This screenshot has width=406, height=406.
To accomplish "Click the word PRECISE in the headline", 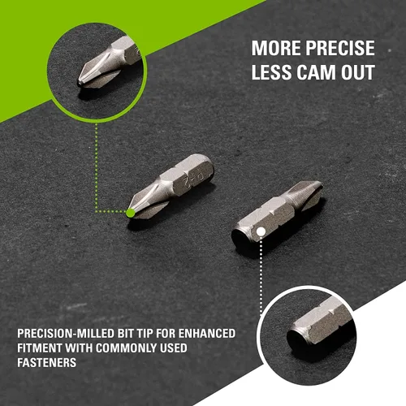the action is [340, 48].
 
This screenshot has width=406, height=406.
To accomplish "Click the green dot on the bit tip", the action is [131, 213].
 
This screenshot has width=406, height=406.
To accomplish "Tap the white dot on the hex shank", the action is [261, 231].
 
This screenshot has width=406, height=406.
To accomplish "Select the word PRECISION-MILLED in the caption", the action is [66, 334].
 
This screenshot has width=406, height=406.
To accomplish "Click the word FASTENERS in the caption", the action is [47, 362].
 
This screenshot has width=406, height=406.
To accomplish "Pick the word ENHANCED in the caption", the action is [206, 334].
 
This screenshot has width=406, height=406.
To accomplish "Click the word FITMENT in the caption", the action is [40, 348].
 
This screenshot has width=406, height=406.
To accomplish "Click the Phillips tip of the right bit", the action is [306, 193].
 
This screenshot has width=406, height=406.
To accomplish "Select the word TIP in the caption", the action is [145, 334].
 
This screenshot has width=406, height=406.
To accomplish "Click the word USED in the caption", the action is [174, 348].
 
